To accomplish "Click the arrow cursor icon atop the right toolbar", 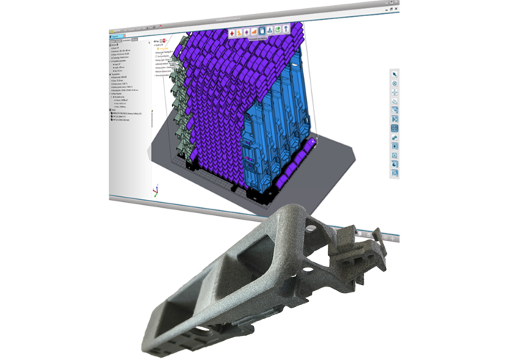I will [395, 75].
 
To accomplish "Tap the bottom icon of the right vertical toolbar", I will [395, 173].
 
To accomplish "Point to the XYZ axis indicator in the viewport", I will [154, 190].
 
